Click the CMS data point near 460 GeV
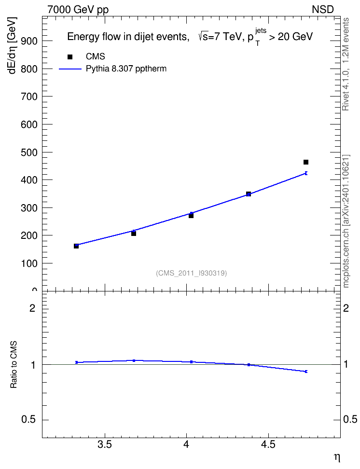point(306,162)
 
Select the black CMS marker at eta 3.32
point(76,246)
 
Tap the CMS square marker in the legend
point(70,56)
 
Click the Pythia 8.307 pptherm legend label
point(126,69)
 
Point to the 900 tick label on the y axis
point(29,41)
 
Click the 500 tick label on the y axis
point(29,152)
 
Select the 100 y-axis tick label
point(29,263)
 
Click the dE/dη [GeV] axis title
point(12,45)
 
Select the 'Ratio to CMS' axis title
point(14,365)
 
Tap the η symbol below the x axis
point(337,457)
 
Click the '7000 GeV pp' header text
point(78,10)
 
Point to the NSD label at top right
point(322,10)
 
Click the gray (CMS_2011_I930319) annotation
point(191,273)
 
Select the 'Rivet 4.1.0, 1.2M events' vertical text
point(346,64)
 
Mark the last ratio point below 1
point(306,372)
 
